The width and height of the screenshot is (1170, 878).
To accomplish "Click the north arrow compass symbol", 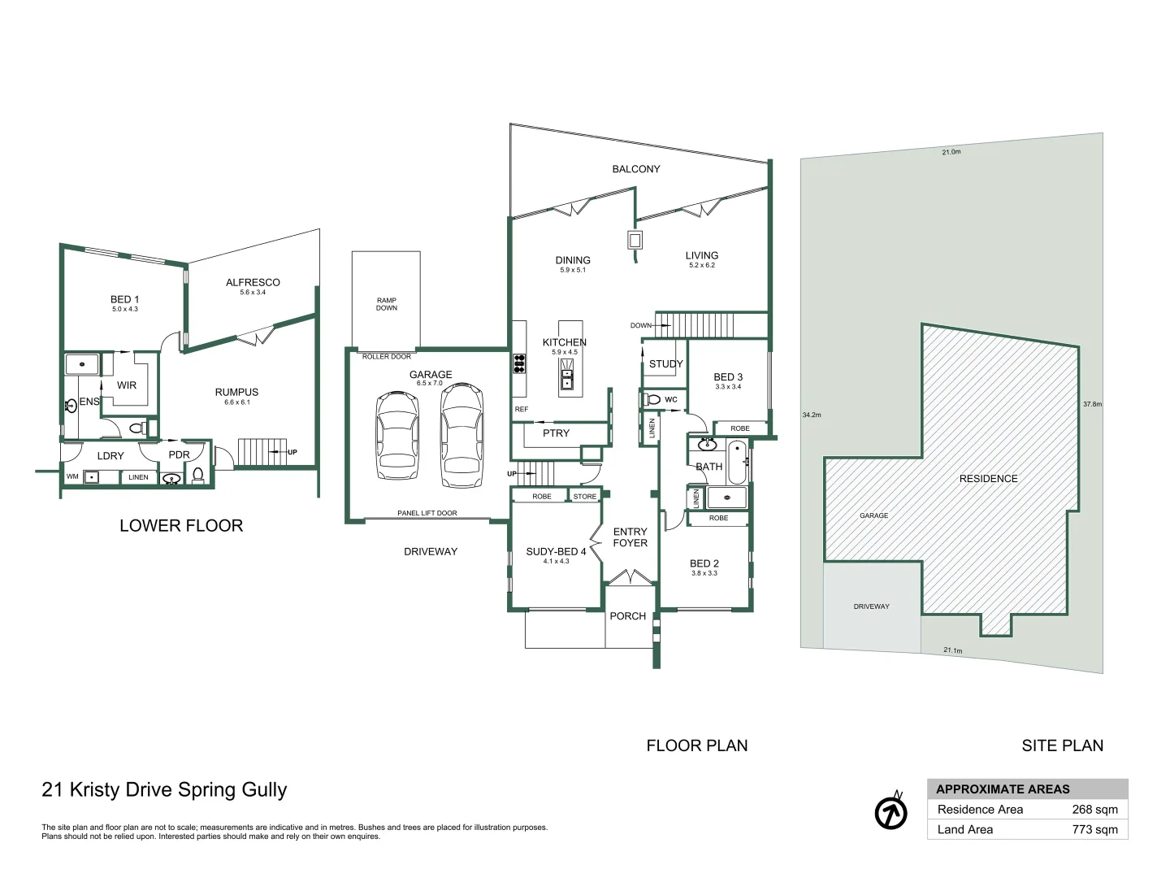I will point(891,812).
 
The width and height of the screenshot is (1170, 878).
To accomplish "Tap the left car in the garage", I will point(397,437).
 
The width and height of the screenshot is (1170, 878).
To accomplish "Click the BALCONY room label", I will point(635,169).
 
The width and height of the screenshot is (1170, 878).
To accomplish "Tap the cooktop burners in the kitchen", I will point(519,363).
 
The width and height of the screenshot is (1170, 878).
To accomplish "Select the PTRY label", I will point(556,433).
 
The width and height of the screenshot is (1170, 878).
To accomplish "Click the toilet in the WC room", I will point(652,399).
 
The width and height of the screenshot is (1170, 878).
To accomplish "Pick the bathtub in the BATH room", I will point(736,462).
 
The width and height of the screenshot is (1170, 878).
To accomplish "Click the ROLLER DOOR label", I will point(387,356).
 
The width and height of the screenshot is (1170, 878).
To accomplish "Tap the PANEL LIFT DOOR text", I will point(427,513).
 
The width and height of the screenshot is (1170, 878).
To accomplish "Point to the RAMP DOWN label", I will point(387,304).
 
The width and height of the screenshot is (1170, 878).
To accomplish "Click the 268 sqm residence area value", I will point(1094,810).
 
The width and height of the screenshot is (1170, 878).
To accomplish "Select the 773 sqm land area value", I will point(1094,830).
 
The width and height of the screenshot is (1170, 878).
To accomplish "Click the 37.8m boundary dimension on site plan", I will point(1091,404).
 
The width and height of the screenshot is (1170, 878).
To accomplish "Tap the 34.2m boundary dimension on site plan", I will point(811,415).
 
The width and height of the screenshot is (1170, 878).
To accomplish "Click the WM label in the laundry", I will point(72,476).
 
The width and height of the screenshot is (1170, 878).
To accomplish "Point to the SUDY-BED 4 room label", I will point(556,551).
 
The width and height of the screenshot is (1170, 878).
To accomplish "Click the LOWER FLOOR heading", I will point(181,526).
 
